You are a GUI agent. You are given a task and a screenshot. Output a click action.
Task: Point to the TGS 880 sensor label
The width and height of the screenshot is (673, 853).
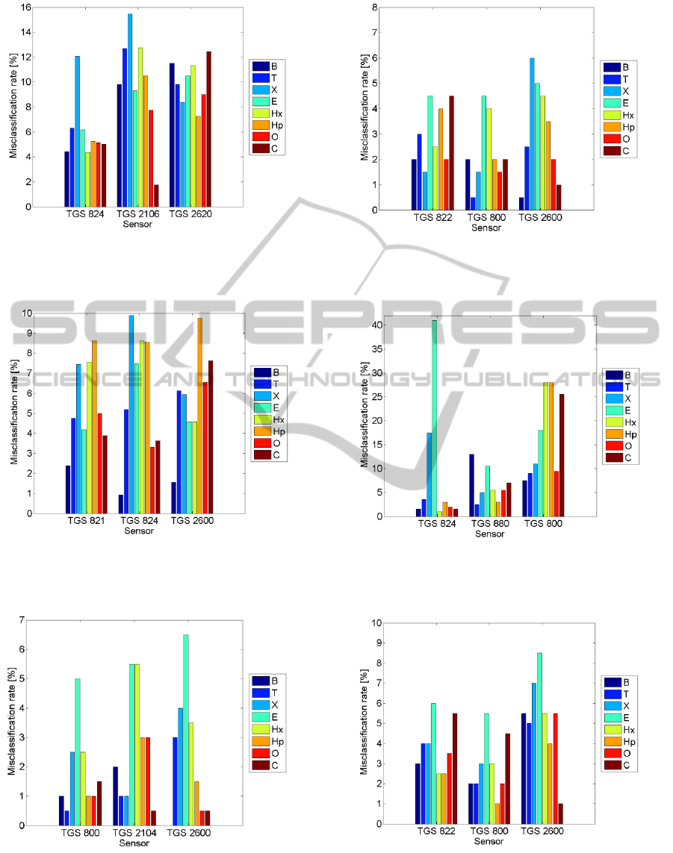pos(490,524)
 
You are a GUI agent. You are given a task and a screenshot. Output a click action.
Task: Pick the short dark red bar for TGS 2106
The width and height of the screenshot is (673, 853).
pos(155,196)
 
